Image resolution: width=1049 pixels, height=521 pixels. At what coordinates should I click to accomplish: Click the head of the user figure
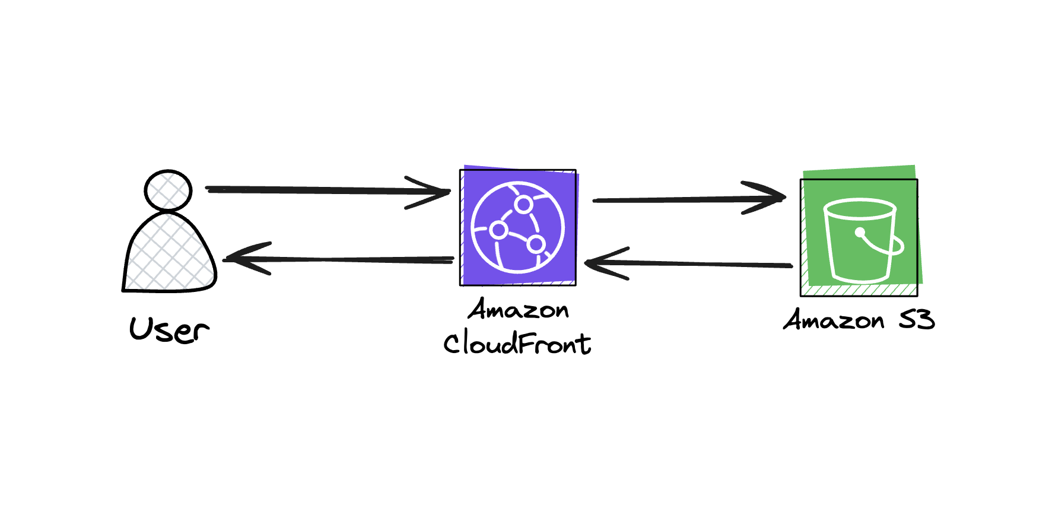(168, 190)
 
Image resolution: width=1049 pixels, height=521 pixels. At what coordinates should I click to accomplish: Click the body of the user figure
(169, 255)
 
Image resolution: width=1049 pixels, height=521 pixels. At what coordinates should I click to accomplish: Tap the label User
(169, 330)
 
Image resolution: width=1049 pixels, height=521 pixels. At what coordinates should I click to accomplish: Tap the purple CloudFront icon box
(518, 227)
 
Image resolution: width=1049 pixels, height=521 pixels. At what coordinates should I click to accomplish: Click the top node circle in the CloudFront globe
(523, 205)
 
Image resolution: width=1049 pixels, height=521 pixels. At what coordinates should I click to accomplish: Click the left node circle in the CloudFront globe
(498, 230)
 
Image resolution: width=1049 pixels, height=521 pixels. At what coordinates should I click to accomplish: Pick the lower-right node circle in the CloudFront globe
(536, 243)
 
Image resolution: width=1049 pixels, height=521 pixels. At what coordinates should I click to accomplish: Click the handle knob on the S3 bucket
(860, 232)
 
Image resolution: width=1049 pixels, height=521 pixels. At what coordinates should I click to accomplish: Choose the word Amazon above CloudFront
(518, 310)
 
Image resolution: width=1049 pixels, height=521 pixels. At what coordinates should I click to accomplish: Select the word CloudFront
(517, 344)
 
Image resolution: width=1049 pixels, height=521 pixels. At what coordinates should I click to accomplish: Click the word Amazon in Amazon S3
(834, 320)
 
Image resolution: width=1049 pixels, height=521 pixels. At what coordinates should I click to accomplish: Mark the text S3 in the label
(917, 320)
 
